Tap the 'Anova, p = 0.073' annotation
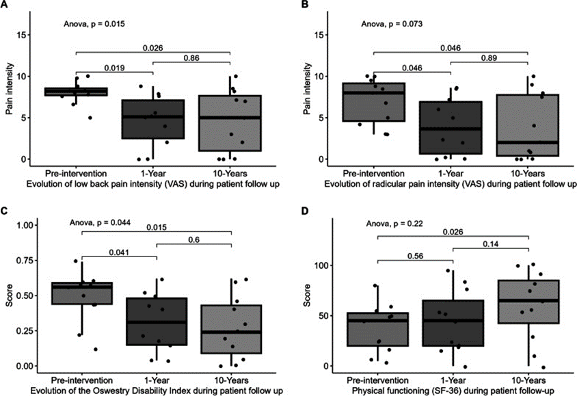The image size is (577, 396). coord(392,25)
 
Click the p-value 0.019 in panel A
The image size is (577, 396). coord(114,68)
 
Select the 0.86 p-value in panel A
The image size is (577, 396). coord(193,60)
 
